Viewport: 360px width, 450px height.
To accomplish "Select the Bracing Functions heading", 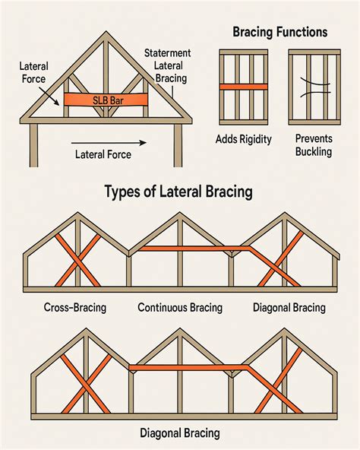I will tap(279, 33).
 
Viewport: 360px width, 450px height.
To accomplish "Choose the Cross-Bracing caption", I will tap(74, 308).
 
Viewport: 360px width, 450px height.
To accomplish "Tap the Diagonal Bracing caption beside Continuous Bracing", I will tap(289, 308).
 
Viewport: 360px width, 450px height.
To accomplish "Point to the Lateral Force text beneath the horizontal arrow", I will tap(103, 154).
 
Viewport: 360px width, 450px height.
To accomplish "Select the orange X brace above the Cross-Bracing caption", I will tap(75, 260).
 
